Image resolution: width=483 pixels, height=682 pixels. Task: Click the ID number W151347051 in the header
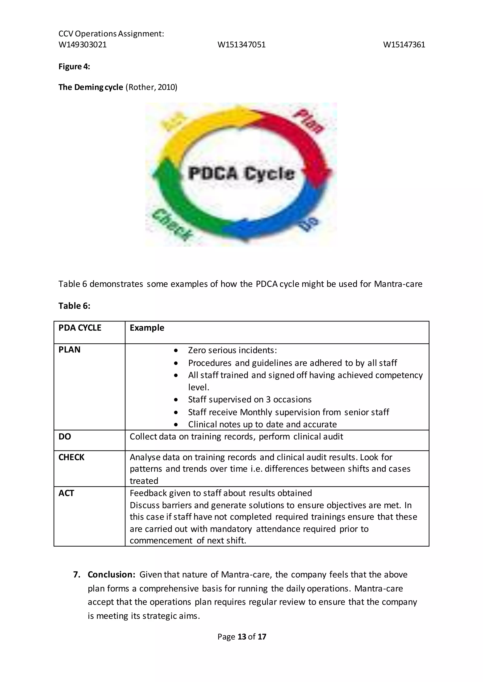pyautogui.click(x=241, y=45)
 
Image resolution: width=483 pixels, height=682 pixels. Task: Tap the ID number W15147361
pyautogui.click(x=404, y=45)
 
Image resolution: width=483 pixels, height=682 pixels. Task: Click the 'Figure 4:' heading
pyautogui.click(x=74, y=67)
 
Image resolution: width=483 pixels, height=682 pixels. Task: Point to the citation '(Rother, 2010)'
pyautogui.click(x=151, y=87)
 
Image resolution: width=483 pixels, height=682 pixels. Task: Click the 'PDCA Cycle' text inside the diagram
pyautogui.click(x=241, y=174)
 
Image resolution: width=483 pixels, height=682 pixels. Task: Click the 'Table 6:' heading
pyautogui.click(x=74, y=306)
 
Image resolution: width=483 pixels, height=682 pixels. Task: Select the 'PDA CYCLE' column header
pyautogui.click(x=80, y=328)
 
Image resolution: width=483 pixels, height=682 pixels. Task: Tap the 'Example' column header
pyautogui.click(x=147, y=328)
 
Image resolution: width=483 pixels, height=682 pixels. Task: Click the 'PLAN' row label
pyautogui.click(x=69, y=350)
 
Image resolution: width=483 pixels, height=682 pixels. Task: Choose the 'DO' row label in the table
pyautogui.click(x=65, y=437)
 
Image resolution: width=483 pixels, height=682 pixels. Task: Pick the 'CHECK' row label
pyautogui.click(x=71, y=457)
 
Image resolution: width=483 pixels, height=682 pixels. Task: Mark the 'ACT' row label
pyautogui.click(x=66, y=493)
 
